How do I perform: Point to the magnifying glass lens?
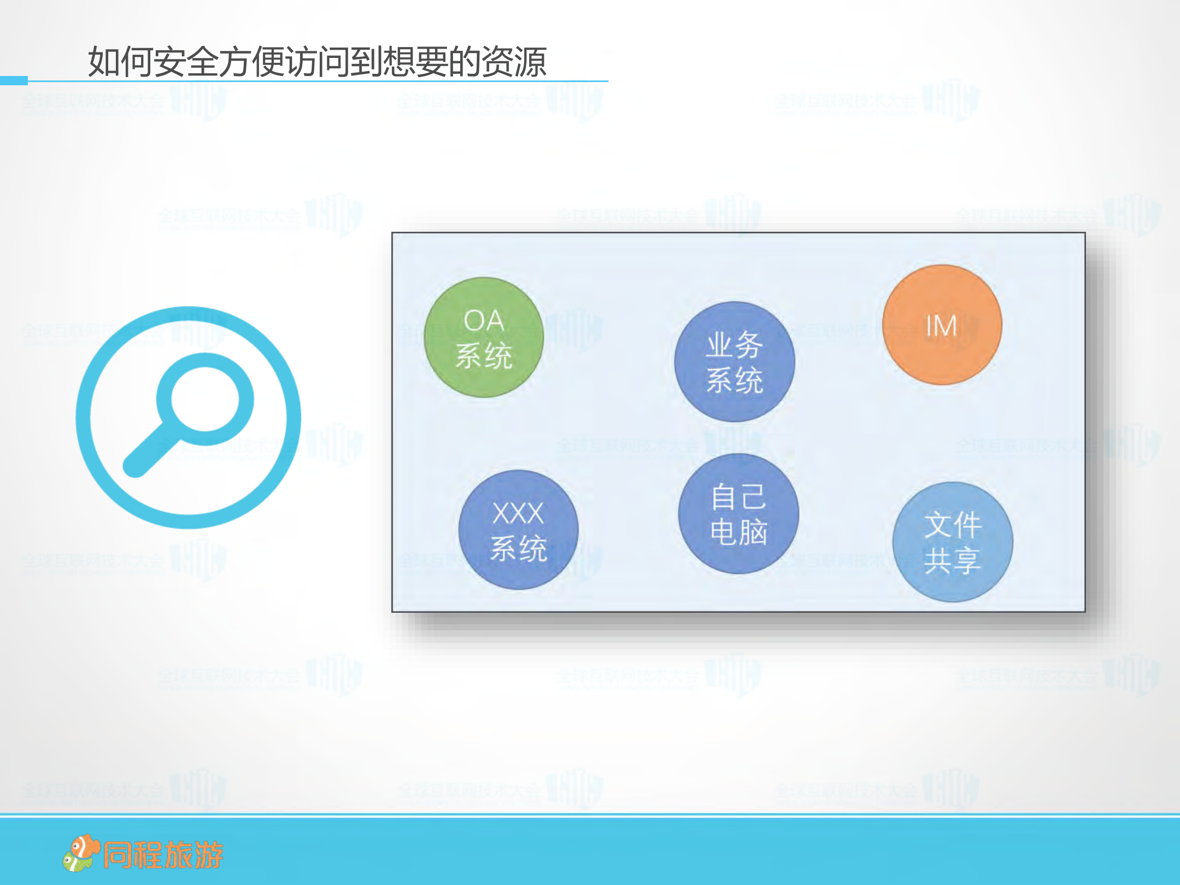coord(205,399)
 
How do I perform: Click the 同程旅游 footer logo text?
coord(163,855)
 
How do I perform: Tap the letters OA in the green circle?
coord(484,320)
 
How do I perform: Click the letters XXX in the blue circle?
coord(518,513)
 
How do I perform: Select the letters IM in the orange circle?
coord(941,326)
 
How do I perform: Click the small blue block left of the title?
coord(14,80)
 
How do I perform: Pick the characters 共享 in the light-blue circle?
coord(952,560)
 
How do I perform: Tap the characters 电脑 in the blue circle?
coord(738,532)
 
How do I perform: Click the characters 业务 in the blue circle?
coord(734,345)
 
